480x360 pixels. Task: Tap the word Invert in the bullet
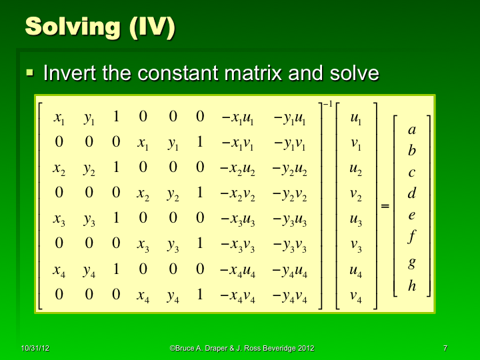[69, 73]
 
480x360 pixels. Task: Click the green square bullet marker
[29, 71]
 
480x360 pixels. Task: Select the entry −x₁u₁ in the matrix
[237, 119]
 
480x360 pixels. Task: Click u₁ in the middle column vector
[356, 119]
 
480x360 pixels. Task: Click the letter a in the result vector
[412, 131]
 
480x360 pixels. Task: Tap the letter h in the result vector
[412, 286]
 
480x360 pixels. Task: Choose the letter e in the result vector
[412, 215]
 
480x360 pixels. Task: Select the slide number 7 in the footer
[444, 349]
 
